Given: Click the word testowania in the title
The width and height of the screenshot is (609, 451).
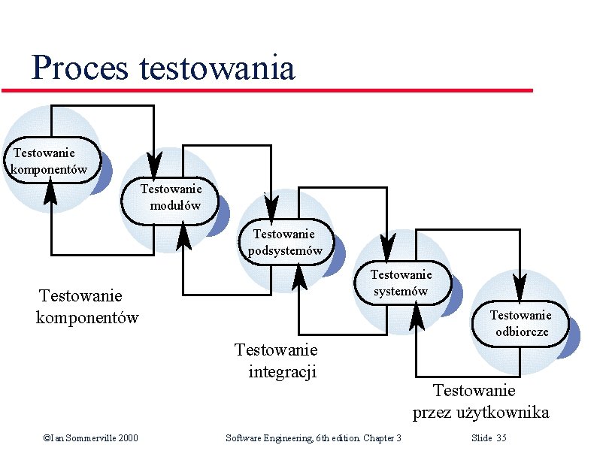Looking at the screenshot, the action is click(x=217, y=68).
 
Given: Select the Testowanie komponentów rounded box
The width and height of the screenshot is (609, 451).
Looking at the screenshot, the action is click(x=50, y=160).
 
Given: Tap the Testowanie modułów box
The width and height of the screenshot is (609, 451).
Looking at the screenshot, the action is click(x=171, y=197).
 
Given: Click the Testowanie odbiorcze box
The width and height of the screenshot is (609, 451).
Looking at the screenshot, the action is click(x=520, y=324).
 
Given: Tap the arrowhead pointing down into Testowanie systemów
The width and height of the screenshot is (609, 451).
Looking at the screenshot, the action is click(x=387, y=247).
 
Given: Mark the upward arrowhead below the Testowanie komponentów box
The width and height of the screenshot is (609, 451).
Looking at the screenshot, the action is click(x=51, y=194).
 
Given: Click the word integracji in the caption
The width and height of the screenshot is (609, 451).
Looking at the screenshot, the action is click(x=282, y=371).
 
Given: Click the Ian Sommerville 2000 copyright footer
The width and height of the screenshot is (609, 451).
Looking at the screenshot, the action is click(x=90, y=437).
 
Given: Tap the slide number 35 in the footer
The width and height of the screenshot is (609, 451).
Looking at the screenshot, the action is click(x=501, y=437).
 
